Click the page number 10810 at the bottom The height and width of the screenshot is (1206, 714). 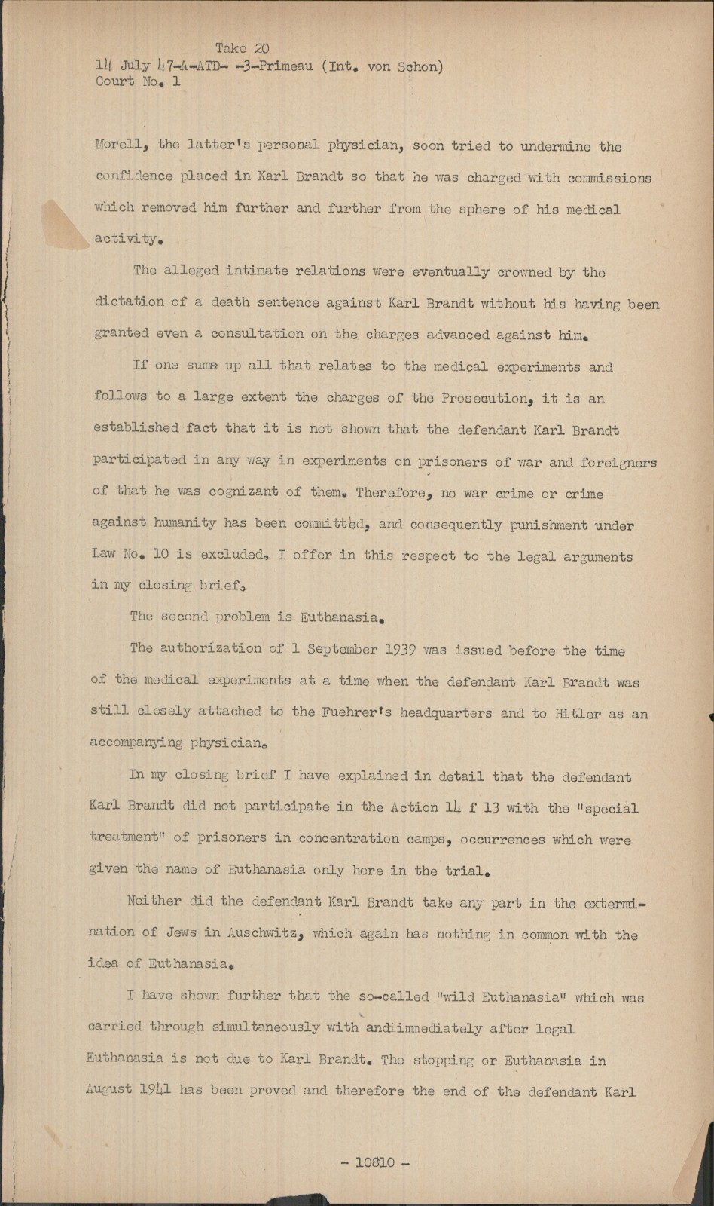(x=374, y=1162)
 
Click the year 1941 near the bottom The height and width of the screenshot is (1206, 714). (x=154, y=1089)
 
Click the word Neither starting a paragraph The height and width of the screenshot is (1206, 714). (x=154, y=901)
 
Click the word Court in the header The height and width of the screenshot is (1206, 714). (x=114, y=81)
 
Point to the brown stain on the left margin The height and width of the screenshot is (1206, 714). (x=66, y=222)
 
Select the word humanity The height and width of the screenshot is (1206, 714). (x=185, y=522)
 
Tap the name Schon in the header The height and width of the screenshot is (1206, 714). (x=419, y=66)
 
